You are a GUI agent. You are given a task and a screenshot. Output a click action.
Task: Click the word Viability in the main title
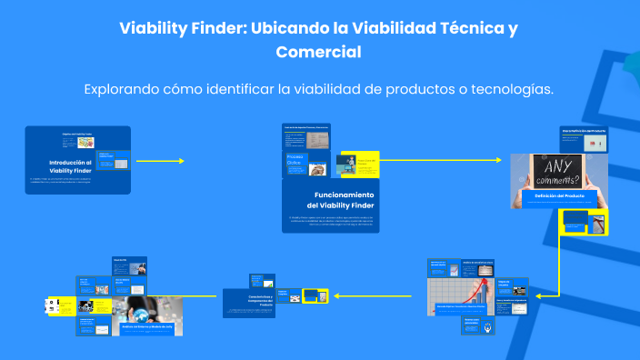point(153,28)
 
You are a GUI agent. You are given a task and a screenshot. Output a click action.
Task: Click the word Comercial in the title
point(318,52)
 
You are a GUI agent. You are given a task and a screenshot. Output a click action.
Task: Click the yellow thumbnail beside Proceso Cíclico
point(357,165)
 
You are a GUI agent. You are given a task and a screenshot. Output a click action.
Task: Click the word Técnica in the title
point(460,28)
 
